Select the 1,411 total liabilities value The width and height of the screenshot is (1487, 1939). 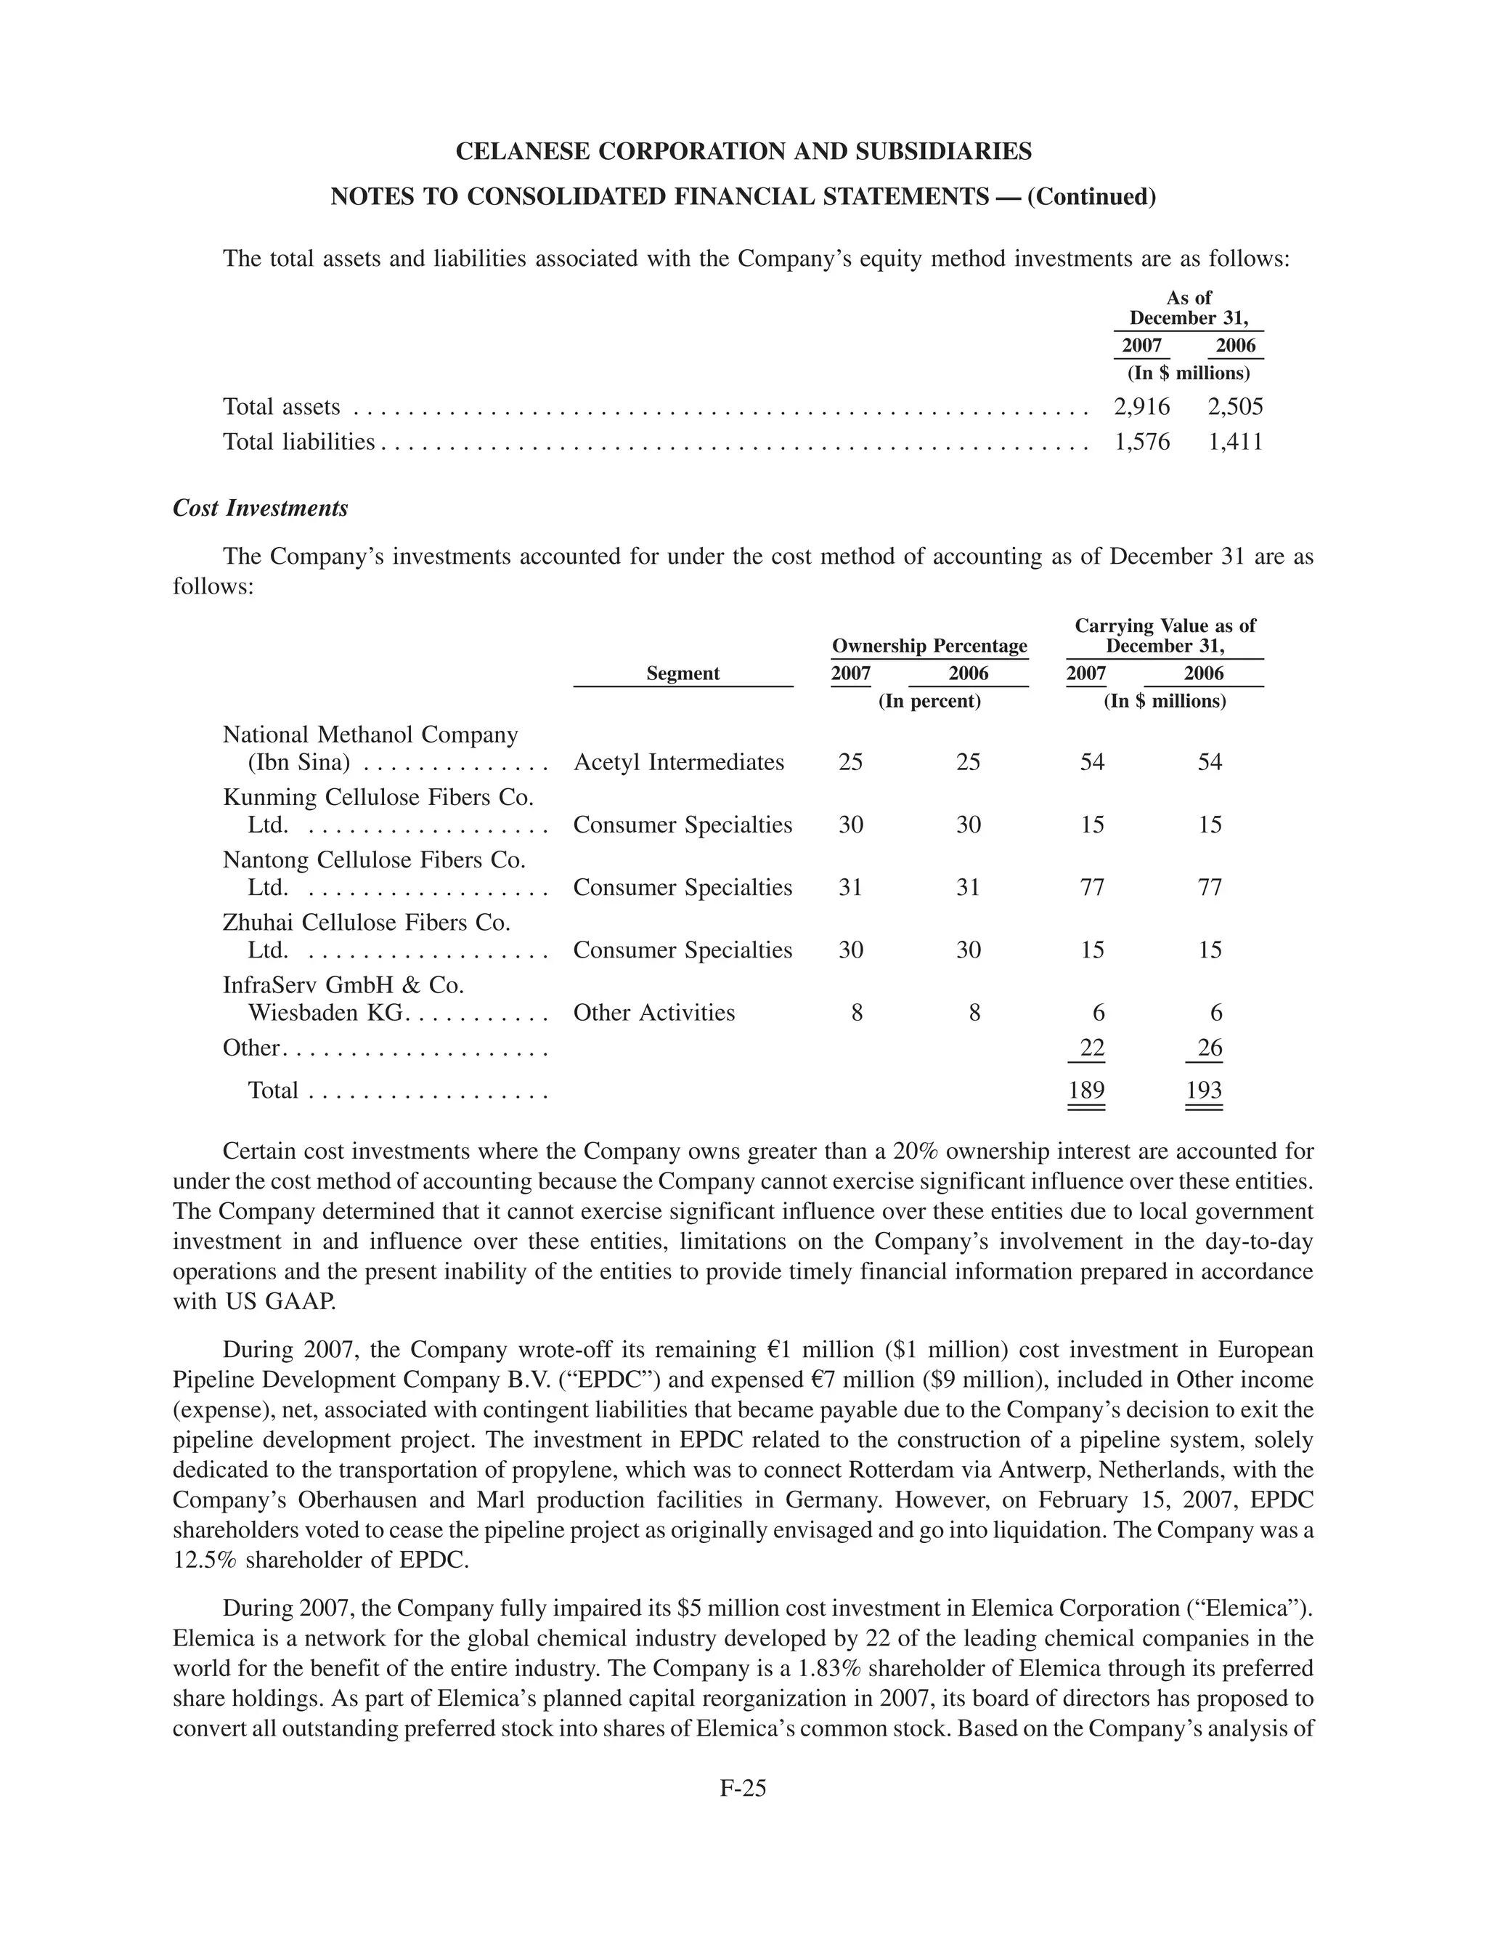(1235, 441)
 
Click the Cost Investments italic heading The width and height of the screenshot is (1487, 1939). (260, 509)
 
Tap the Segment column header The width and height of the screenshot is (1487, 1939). (683, 673)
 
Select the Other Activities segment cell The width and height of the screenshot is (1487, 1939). (653, 1012)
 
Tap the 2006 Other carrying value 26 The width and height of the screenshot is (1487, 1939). (1209, 1048)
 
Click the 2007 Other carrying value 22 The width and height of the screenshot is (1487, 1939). (1092, 1048)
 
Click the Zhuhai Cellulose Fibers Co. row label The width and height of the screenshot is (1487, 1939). (367, 923)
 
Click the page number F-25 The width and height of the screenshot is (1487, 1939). (743, 1788)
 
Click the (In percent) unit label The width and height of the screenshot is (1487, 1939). (929, 701)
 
